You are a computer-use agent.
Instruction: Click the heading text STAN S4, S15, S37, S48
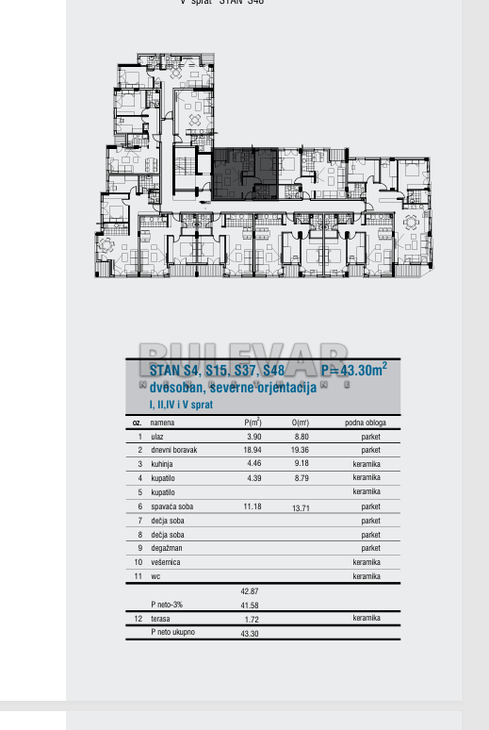217,371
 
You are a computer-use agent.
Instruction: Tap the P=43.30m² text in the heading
353,371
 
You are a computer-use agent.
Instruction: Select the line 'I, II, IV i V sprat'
181,405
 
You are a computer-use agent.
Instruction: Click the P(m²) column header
253,423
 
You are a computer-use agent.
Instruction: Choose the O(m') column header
301,423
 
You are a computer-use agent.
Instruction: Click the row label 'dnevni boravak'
174,451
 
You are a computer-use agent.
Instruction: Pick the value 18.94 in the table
253,451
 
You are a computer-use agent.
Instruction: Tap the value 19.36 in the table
301,451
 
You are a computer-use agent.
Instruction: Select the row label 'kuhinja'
163,464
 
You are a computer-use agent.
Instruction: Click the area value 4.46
253,464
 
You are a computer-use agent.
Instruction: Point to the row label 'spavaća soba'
171,506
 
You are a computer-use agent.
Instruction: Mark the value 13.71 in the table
301,508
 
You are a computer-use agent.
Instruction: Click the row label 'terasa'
161,619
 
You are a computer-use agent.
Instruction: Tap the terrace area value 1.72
252,619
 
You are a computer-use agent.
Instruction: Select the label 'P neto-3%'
167,605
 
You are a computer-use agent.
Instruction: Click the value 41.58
250,605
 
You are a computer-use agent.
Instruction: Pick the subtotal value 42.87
250,591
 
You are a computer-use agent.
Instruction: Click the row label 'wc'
154,575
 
